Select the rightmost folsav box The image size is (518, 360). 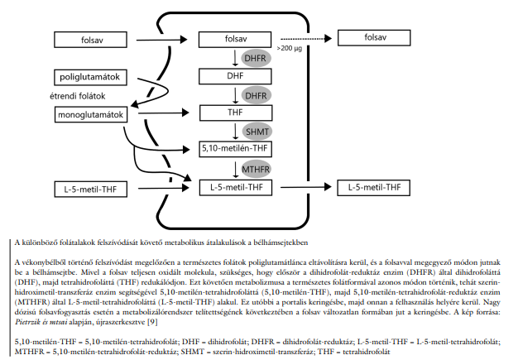[375, 38]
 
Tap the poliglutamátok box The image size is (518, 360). [90, 77]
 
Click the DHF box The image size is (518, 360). [236, 75]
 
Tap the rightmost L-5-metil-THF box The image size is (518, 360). [375, 188]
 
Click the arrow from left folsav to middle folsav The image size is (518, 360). [161, 38]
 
